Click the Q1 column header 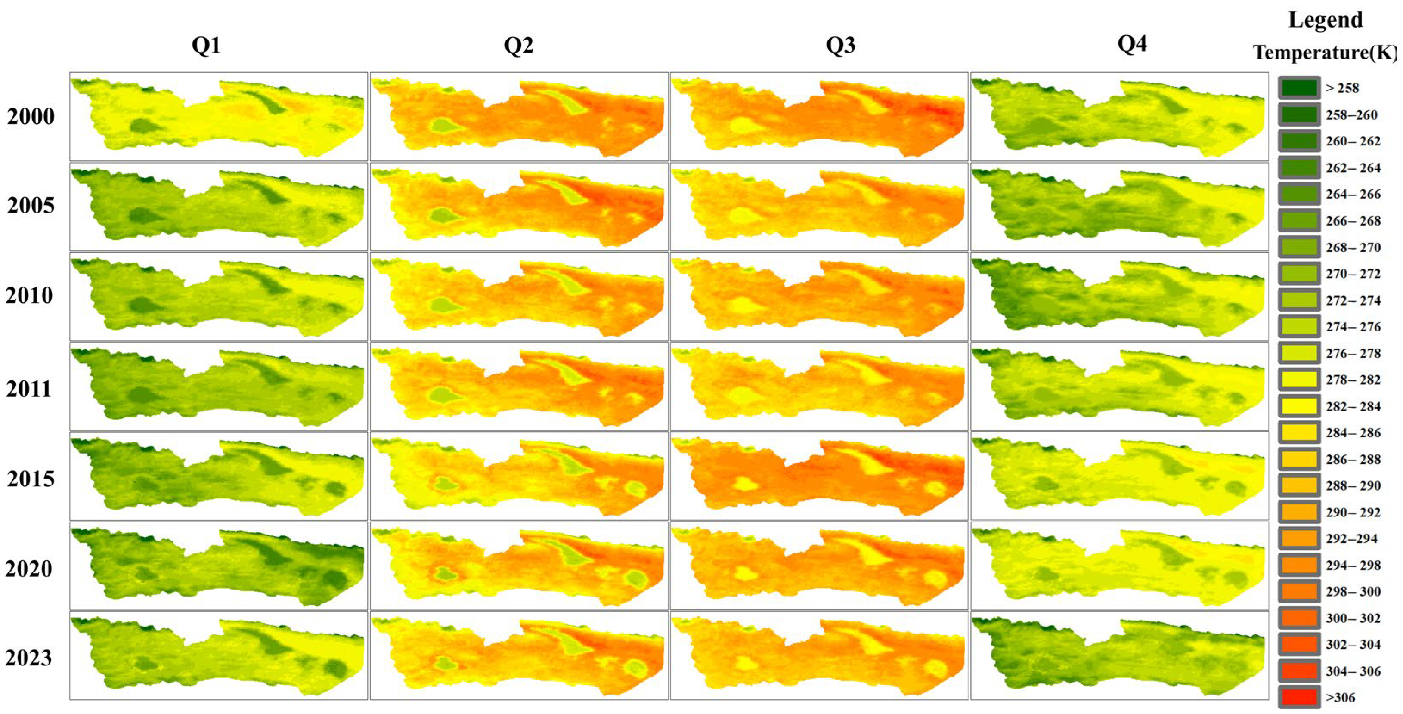tap(206, 45)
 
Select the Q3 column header tap(840, 45)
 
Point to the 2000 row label tap(31, 117)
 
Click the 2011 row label tap(29, 389)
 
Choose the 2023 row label tap(29, 658)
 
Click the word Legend tap(1325, 20)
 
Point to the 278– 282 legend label tap(1353, 380)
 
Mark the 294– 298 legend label tap(1353, 566)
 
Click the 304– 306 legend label tap(1353, 671)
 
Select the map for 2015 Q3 tap(819, 476)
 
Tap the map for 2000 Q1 tap(218, 117)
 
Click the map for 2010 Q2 tap(518, 296)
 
